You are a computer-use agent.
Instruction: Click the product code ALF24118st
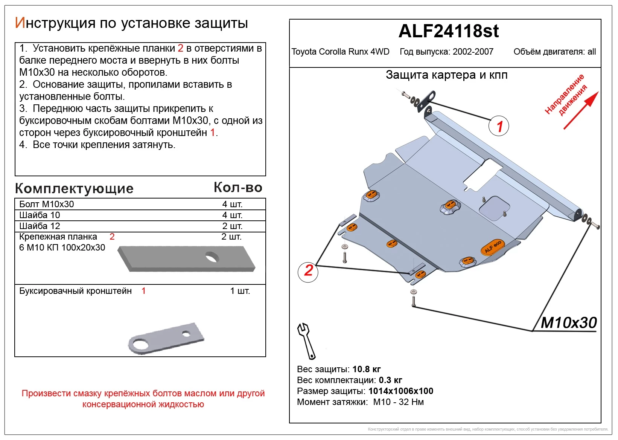point(448,31)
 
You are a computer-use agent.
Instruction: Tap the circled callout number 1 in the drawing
point(499,127)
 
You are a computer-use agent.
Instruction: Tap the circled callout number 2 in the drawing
point(308,270)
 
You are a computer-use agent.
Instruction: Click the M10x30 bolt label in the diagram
point(568,323)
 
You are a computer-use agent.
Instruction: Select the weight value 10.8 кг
point(367,369)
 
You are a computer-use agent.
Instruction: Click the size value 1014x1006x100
point(400,391)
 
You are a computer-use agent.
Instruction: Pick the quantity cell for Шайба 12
point(232,226)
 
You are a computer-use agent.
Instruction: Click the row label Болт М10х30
point(47,204)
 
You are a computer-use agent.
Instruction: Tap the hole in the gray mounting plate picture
point(212,258)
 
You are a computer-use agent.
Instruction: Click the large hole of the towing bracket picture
point(138,344)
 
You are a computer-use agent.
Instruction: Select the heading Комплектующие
point(74,188)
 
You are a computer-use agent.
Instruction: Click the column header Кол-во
point(238,188)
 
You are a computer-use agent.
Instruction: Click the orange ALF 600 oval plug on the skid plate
point(492,247)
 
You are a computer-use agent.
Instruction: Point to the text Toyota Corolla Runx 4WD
point(340,52)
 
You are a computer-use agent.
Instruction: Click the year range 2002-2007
point(473,52)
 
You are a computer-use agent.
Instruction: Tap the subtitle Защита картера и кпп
point(446,75)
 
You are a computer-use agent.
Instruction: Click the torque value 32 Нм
point(411,402)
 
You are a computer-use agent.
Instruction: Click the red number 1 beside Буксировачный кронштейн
point(143,291)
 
